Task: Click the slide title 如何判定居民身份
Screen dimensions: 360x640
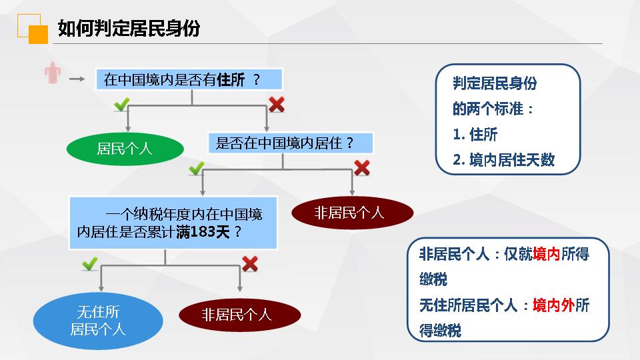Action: tap(129, 29)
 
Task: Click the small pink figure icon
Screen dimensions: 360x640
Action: tap(53, 75)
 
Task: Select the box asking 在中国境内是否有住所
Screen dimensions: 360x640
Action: tap(189, 80)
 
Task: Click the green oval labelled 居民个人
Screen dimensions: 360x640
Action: tap(125, 149)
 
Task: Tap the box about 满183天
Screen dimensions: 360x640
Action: tap(173, 223)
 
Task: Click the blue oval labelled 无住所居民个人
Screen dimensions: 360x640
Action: tap(98, 321)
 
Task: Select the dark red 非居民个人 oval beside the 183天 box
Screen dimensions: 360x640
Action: tap(352, 213)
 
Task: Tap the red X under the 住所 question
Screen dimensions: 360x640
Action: tap(276, 104)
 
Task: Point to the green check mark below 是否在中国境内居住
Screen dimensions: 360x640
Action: tap(196, 168)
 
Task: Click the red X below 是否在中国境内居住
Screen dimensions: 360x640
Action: tap(361, 167)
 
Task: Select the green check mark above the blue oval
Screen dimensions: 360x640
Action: tap(90, 264)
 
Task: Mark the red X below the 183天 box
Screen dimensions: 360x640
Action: tap(250, 264)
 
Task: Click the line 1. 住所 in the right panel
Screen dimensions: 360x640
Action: tap(475, 135)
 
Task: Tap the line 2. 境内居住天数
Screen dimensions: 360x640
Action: tap(503, 160)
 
